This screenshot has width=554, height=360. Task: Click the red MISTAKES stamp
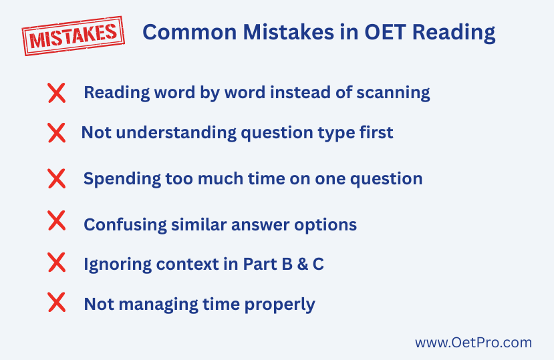point(73,35)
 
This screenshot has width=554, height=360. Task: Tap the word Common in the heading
point(189,32)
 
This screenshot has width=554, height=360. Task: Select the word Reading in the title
point(454,33)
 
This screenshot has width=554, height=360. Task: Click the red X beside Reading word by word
point(57,93)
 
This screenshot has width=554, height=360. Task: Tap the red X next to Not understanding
point(57,133)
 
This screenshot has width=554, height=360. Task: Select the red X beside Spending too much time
point(57,178)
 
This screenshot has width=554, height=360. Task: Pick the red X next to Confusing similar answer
point(57,220)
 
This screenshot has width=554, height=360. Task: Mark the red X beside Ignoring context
point(57,262)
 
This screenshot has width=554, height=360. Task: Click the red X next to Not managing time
point(57,302)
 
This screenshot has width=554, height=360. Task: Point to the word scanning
point(393,93)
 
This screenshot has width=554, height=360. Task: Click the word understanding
point(176,133)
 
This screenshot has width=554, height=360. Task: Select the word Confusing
point(125,225)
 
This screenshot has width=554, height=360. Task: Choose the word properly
point(279,305)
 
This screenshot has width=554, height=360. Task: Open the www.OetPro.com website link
point(473,343)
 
